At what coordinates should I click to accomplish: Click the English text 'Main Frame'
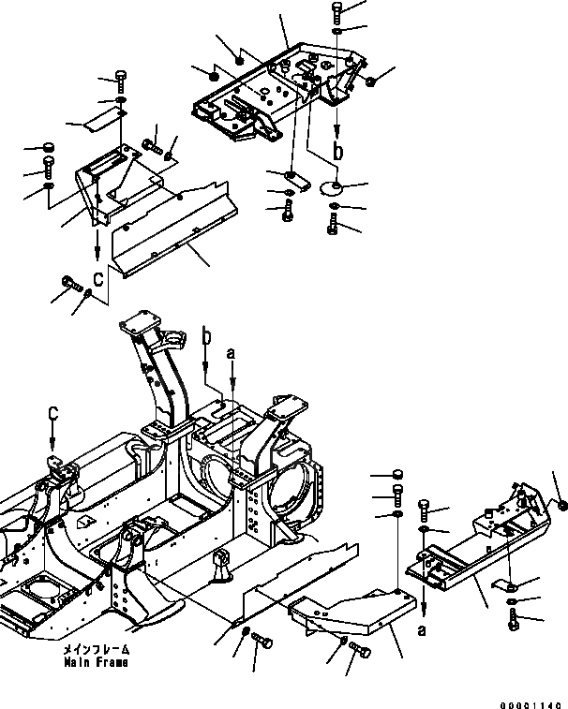pyautogui.click(x=97, y=662)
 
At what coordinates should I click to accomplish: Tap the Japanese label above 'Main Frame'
pyautogui.click(x=97, y=649)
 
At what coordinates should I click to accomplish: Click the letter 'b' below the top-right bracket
pyautogui.click(x=338, y=149)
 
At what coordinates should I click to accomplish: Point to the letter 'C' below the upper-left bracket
pyautogui.click(x=97, y=277)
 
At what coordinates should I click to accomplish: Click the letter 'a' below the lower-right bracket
pyautogui.click(x=423, y=629)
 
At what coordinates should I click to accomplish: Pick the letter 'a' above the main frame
pyautogui.click(x=230, y=353)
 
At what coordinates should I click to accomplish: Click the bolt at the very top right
pyautogui.click(x=337, y=12)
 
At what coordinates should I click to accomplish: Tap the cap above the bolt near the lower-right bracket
pyautogui.click(x=399, y=474)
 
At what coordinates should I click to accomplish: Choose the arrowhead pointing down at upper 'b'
pyautogui.click(x=337, y=130)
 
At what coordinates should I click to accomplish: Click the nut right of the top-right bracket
pyautogui.click(x=371, y=82)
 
